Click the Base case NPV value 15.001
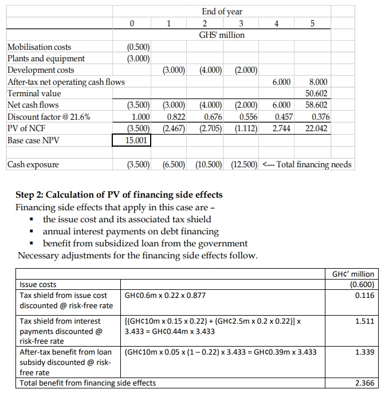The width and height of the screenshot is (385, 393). (x=131, y=140)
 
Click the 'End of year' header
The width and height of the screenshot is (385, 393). (x=222, y=11)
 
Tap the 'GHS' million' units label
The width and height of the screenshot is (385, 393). (x=222, y=35)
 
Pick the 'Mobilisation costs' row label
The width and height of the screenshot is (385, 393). (x=40, y=47)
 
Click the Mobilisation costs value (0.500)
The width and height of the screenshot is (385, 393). (x=138, y=47)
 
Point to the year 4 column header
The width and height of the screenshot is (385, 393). (x=277, y=23)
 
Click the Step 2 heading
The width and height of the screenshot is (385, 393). (x=119, y=195)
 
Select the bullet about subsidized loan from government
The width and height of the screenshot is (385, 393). (x=146, y=243)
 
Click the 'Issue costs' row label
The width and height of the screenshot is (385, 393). (x=38, y=285)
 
